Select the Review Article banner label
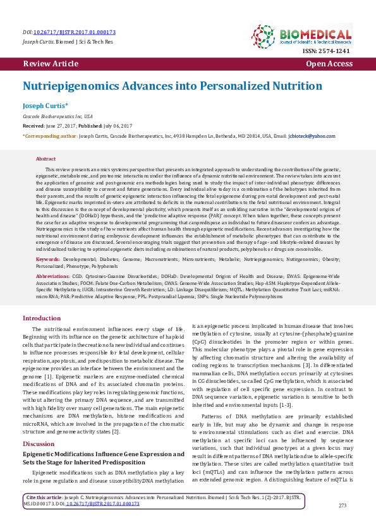tap(51, 64)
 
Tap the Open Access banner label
tap(329, 64)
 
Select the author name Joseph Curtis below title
tap(45, 106)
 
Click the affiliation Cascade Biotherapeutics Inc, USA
tap(58, 117)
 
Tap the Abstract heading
tap(46, 159)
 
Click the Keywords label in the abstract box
tap(48, 259)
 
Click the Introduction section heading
tap(42, 318)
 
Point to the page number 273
tap(343, 505)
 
